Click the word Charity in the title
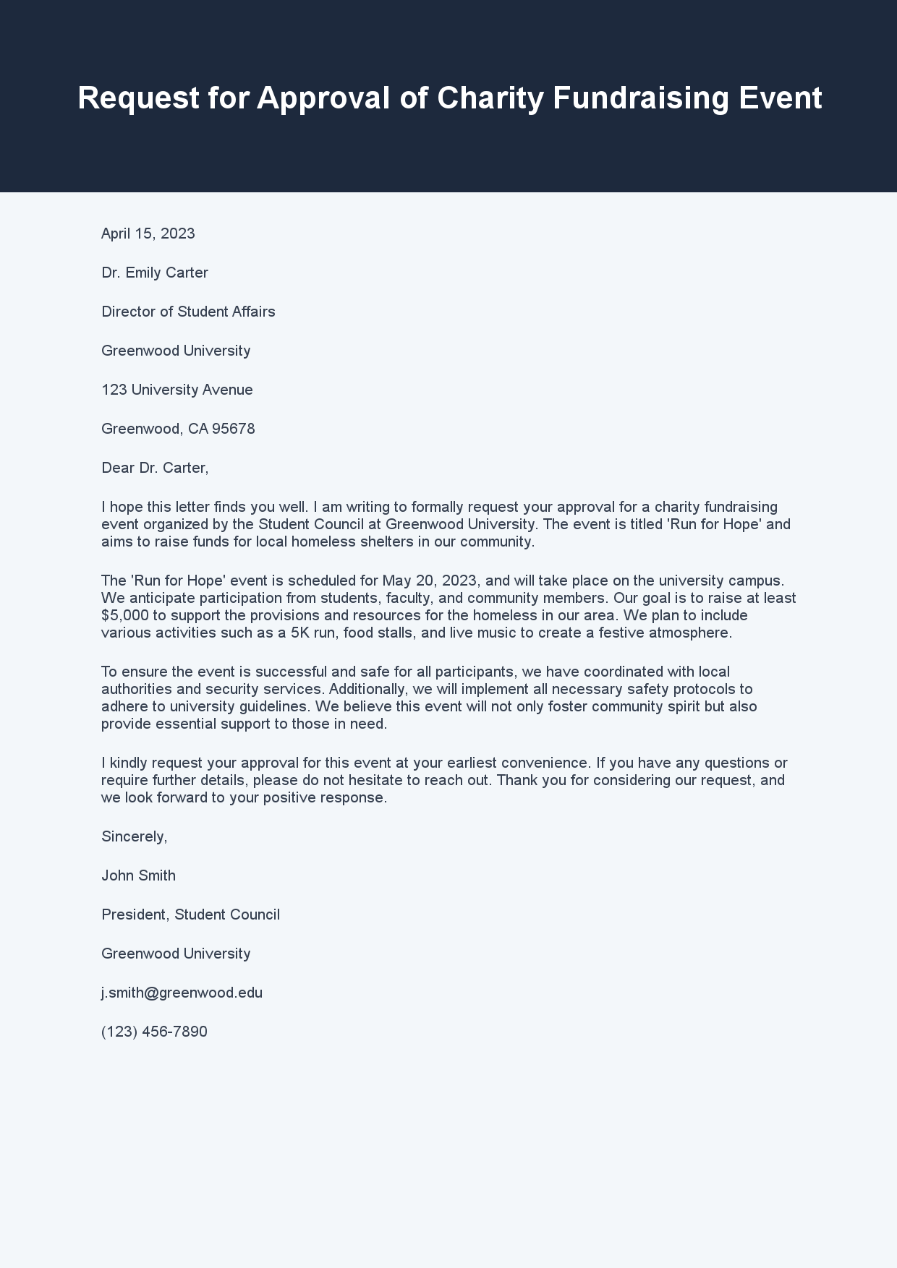point(490,98)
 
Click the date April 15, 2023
point(148,234)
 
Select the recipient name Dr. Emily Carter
point(155,273)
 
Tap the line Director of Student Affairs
point(188,312)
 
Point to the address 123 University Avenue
point(177,390)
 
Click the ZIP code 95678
point(233,429)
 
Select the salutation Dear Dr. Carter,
point(155,468)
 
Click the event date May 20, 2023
point(430,581)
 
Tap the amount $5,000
point(125,615)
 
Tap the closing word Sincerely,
point(135,836)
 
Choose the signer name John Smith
point(138,875)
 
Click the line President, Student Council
point(190,914)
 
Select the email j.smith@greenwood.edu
point(182,993)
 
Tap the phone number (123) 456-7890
point(154,1032)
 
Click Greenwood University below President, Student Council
point(176,954)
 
